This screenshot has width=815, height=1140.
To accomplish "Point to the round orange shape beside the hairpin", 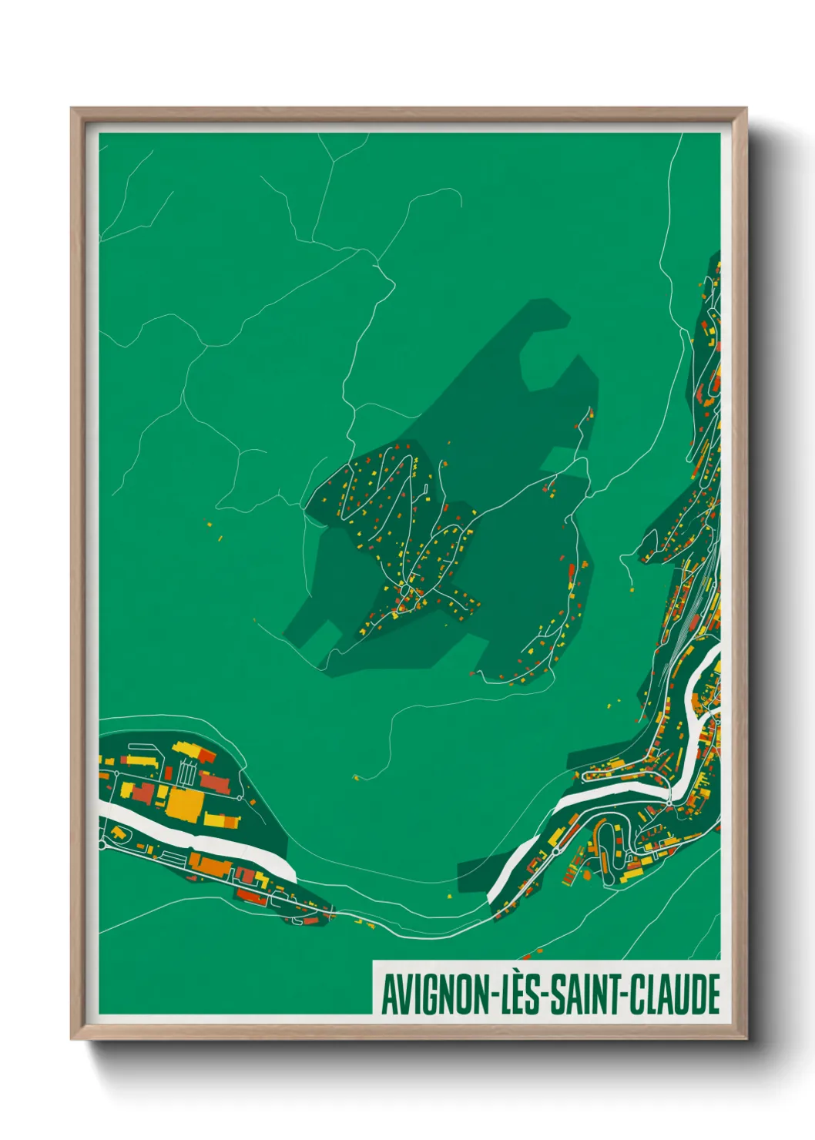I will click(589, 875).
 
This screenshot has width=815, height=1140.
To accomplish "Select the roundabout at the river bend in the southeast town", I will click(669, 803).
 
